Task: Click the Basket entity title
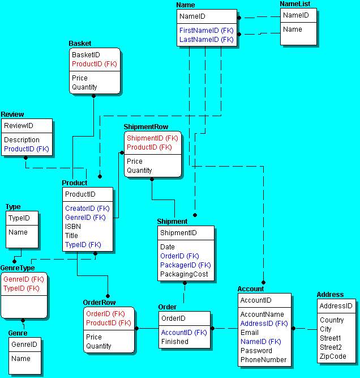pos(80,44)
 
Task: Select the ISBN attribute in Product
pos(72,226)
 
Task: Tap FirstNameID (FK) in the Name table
pos(206,29)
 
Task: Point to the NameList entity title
pos(295,4)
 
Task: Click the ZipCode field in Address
pos(333,356)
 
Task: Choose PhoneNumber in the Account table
pos(263,360)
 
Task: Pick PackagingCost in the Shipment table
pos(184,274)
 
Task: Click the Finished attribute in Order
pos(175,342)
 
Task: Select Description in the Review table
pos(22,139)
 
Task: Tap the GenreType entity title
pos(18,268)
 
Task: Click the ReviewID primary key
pos(19,125)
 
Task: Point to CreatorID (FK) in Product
pos(87,208)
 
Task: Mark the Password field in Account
pos(256,351)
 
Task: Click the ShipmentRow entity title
pos(145,127)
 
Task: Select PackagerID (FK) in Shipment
pos(185,265)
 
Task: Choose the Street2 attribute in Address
pos(331,347)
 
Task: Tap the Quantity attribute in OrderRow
pos(98,346)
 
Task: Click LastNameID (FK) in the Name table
pos(206,40)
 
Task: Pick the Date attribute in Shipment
pos(168,247)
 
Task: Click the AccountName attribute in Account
pos(262,315)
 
